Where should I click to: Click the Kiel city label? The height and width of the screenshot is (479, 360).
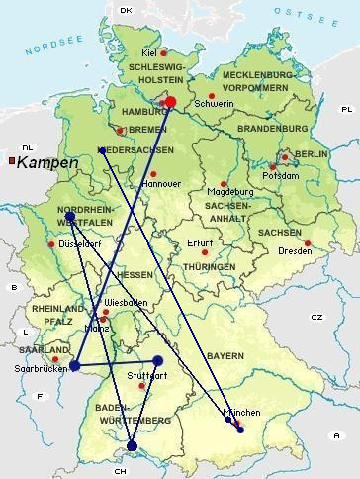point(150,53)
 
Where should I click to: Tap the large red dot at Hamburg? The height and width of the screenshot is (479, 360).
point(170,101)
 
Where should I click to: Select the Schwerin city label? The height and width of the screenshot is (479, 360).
point(216,104)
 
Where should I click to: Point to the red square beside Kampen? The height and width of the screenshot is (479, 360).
point(10,160)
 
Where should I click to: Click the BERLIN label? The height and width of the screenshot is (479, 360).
point(311,155)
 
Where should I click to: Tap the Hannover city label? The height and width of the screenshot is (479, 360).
point(162,184)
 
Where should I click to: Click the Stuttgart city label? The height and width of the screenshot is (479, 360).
point(147,376)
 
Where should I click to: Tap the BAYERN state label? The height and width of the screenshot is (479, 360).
point(224,355)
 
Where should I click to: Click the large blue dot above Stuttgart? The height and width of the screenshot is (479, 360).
point(157,360)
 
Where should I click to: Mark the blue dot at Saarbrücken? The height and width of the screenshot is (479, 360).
point(74,366)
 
